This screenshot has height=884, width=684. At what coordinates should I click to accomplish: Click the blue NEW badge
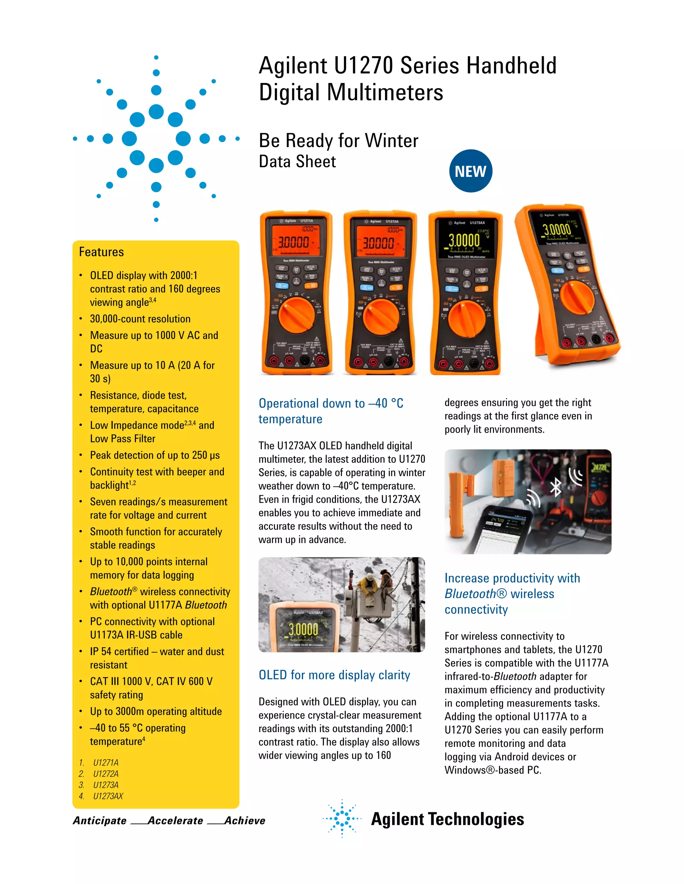(471, 171)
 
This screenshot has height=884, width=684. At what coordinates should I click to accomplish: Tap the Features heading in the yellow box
(101, 252)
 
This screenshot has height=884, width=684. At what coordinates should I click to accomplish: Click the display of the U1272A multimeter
(378, 241)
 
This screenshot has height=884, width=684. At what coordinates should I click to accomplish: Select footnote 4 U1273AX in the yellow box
(108, 796)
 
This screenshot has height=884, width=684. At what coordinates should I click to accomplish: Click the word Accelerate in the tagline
(175, 821)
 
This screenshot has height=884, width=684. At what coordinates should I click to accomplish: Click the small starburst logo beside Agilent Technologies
(342, 818)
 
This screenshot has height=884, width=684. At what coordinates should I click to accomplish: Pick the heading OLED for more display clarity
(334, 675)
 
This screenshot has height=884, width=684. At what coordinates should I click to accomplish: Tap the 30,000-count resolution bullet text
(140, 319)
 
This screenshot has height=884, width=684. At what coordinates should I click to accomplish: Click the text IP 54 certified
(119, 651)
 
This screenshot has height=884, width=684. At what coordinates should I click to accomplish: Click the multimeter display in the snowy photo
(305, 628)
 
